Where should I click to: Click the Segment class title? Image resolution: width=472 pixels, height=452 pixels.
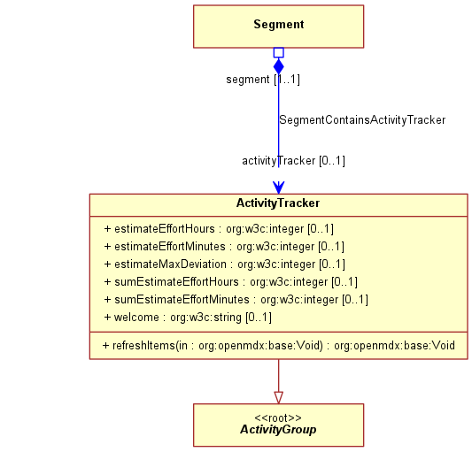(279, 25)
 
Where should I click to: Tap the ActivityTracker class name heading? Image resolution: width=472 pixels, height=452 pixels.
(278, 203)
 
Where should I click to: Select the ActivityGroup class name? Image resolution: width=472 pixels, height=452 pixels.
(278, 430)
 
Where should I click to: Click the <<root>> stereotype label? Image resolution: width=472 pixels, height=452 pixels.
(278, 418)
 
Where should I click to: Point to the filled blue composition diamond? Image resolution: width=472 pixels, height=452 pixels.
(279, 66)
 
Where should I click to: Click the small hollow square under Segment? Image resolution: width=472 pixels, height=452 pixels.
(279, 52)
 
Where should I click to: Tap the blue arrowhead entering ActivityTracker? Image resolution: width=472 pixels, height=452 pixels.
(279, 188)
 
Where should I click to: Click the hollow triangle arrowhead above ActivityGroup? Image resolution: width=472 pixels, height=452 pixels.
(279, 397)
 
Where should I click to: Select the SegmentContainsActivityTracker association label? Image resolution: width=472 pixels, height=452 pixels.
(362, 120)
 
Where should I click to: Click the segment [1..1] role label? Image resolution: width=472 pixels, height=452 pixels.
(263, 80)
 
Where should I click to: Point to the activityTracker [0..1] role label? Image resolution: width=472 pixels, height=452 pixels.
(293, 161)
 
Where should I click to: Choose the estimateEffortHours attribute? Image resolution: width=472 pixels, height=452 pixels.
(219, 229)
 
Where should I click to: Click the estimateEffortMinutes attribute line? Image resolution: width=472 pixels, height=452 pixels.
(224, 247)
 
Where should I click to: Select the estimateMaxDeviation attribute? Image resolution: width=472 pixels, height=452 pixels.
(225, 264)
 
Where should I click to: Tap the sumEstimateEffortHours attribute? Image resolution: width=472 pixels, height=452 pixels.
(231, 282)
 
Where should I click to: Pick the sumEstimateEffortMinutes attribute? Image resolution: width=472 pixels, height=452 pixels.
(236, 300)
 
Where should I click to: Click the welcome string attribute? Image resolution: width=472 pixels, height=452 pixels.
(188, 318)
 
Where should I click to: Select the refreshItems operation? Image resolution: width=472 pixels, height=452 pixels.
(278, 346)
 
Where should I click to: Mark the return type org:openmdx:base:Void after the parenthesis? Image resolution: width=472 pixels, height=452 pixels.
(394, 346)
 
